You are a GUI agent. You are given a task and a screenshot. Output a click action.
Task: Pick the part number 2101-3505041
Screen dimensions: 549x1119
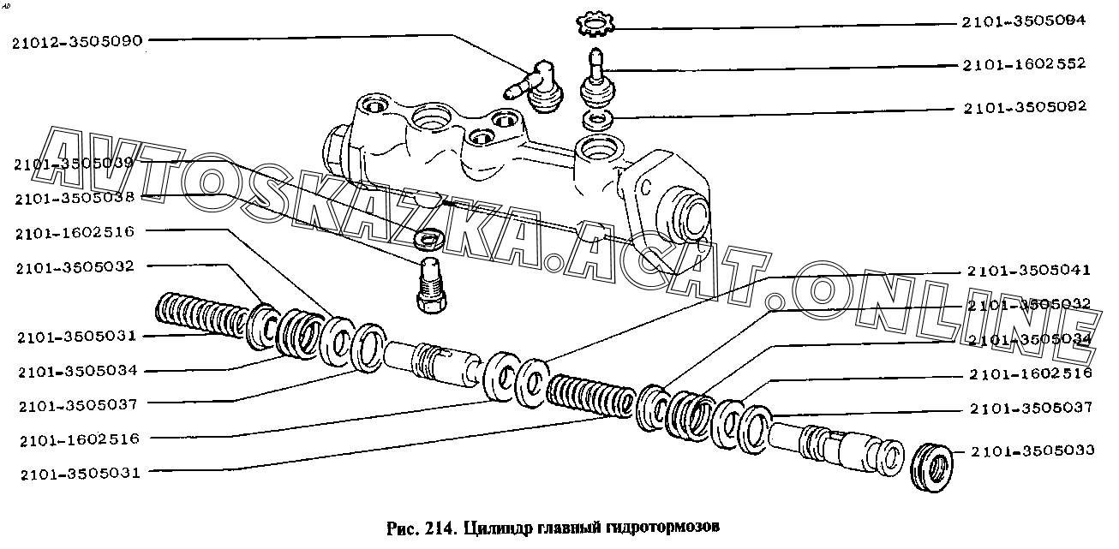point(1029,271)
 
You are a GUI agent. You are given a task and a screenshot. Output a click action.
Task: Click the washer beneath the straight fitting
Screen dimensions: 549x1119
point(597,118)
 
